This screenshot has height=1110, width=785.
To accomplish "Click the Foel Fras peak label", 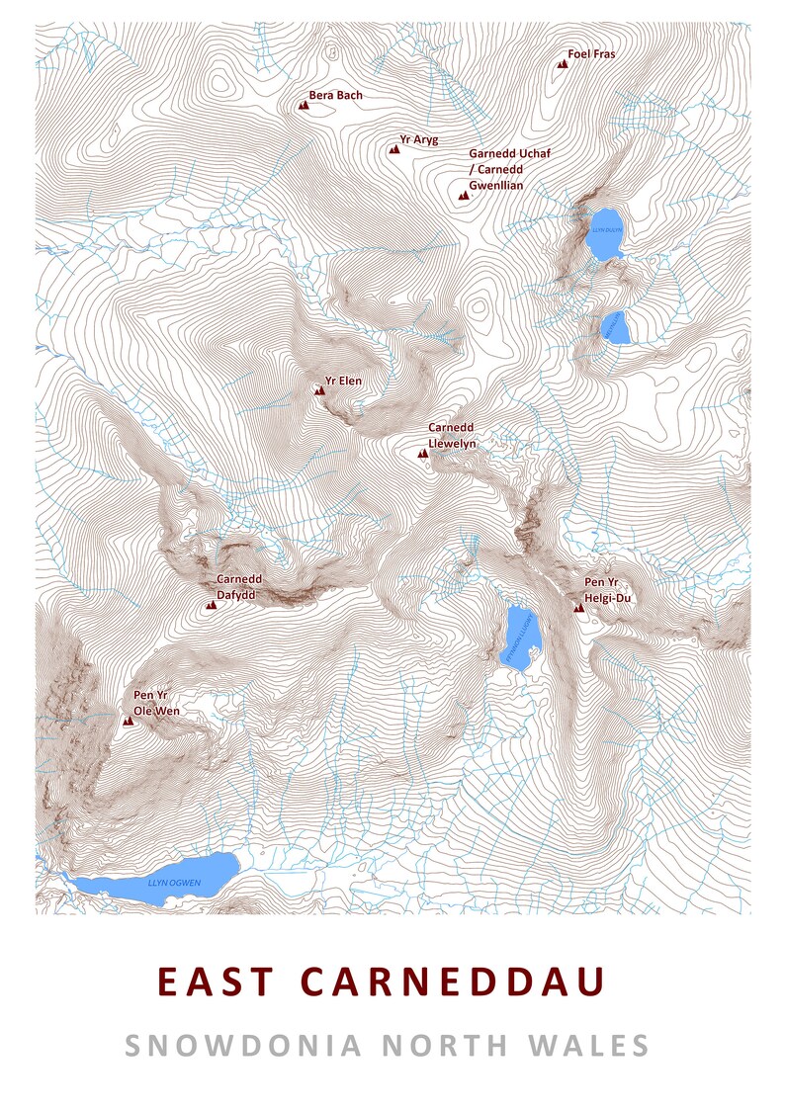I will [x=591, y=54].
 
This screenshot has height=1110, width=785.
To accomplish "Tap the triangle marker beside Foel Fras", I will [x=563, y=63].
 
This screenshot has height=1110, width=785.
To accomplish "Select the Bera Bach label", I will [x=335, y=96].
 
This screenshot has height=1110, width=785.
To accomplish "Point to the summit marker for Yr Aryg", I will [x=393, y=150].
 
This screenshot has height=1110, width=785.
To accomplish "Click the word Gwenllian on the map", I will [x=495, y=185].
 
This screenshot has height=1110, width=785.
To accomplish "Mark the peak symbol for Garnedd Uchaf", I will [x=462, y=197].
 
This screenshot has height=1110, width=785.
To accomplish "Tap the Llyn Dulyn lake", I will [x=604, y=233].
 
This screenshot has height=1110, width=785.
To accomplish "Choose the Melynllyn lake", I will [x=615, y=329].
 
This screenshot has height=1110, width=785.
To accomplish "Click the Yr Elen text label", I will [x=343, y=380].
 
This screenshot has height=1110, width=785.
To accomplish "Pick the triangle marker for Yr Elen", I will [x=318, y=391].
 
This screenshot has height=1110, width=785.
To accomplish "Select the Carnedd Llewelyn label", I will [x=452, y=436].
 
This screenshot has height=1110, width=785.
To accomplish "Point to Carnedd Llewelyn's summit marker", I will [x=422, y=453].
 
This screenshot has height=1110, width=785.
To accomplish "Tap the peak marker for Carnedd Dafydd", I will [x=210, y=604].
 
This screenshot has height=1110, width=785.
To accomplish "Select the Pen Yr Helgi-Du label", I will [x=607, y=590].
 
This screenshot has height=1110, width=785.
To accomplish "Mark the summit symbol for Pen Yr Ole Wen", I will [x=127, y=722].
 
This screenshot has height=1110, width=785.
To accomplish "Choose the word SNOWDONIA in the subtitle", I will [x=243, y=1045].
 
